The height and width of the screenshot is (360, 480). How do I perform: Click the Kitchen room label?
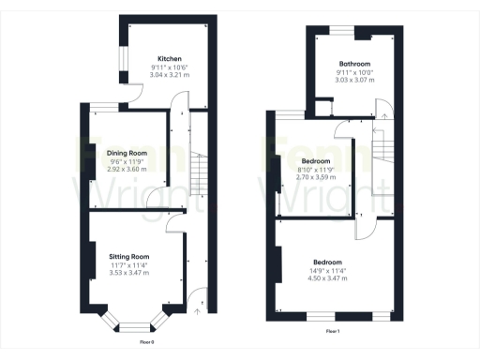(x=169, y=58)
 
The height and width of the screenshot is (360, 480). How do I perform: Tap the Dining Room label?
(x=127, y=152)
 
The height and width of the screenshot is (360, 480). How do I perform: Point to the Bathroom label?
(x=353, y=63)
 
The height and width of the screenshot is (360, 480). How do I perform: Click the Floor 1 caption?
(x=332, y=332)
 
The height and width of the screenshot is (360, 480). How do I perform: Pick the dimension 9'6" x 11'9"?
(x=127, y=160)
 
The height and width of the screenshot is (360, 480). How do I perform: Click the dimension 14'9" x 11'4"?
(x=327, y=269)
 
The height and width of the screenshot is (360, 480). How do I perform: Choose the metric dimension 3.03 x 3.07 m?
(x=354, y=80)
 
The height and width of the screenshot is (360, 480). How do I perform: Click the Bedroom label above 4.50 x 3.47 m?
(x=327, y=262)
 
